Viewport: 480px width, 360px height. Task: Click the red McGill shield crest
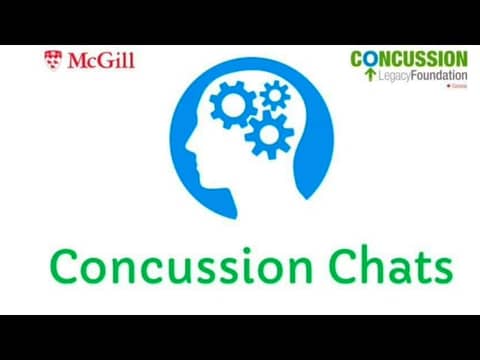53,60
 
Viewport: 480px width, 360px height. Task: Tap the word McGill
100,60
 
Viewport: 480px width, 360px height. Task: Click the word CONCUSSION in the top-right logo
408,59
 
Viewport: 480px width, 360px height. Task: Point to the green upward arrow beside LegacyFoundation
370,75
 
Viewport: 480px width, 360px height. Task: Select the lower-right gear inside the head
268,134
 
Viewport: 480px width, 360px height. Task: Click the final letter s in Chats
442,271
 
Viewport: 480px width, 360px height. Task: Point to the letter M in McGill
78,60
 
